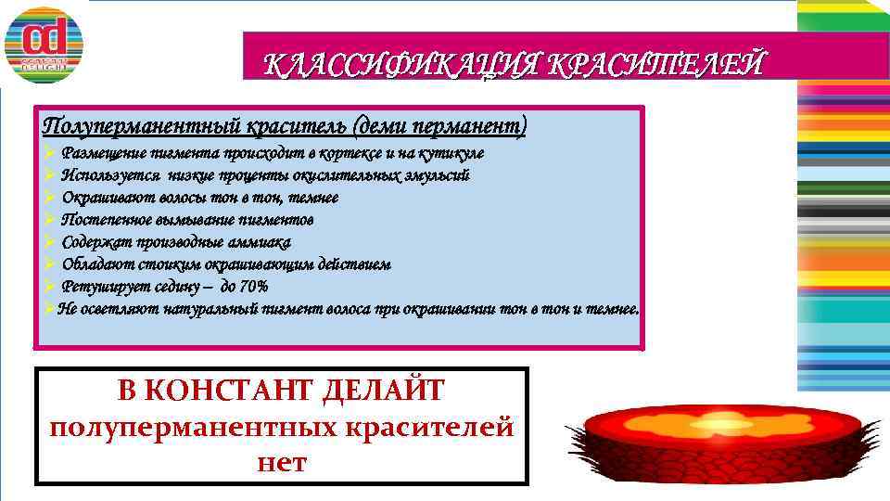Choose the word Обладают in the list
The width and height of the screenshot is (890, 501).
pos(95,264)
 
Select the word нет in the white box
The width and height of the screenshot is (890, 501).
pos(282,461)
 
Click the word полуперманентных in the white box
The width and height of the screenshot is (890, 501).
pos(197,427)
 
